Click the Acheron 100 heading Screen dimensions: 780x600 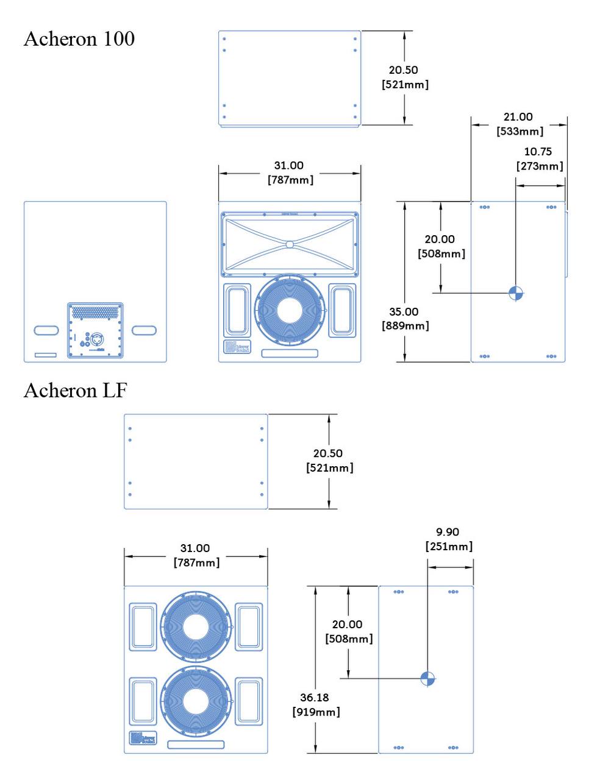[x=79, y=39]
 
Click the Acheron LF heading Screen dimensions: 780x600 [x=75, y=390]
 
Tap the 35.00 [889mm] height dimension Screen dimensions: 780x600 [x=405, y=319]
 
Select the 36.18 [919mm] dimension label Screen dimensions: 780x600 [x=316, y=704]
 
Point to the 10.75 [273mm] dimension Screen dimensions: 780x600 [x=540, y=158]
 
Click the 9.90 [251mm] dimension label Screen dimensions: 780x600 [x=449, y=539]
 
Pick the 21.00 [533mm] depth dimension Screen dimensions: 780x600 [x=520, y=124]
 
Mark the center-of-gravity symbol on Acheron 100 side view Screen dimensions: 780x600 [x=516, y=293]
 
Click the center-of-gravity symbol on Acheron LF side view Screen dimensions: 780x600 [x=428, y=678]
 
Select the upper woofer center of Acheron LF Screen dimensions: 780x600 [x=196, y=628]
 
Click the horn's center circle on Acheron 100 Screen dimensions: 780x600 [x=290, y=244]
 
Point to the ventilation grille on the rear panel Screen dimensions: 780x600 [x=95, y=312]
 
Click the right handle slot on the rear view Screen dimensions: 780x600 [x=144, y=330]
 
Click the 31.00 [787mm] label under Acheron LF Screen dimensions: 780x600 [x=196, y=555]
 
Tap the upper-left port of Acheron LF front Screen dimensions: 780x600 [x=143, y=626]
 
